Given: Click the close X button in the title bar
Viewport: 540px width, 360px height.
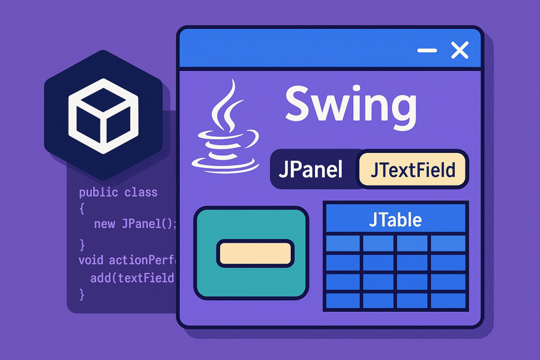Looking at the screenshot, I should click(x=459, y=50).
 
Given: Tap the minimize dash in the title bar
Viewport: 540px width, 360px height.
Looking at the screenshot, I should click(x=427, y=50).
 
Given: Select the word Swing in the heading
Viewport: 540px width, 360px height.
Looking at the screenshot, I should click(x=351, y=104).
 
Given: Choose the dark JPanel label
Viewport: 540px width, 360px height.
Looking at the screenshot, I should click(x=310, y=170).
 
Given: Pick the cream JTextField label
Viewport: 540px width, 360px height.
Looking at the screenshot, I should click(x=413, y=170).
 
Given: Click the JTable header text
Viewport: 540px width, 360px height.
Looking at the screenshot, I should click(x=395, y=220).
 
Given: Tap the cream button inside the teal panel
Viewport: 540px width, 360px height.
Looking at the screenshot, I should click(x=255, y=253).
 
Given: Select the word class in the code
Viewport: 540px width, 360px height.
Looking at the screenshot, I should click(x=141, y=193).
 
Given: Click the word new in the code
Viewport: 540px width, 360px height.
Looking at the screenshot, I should click(x=104, y=224).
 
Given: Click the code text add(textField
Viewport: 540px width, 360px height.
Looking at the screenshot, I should click(x=132, y=278).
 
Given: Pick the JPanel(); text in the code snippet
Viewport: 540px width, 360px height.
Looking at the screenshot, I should click(x=149, y=224).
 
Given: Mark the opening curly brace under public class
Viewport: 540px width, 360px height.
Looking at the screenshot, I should click(x=82, y=208).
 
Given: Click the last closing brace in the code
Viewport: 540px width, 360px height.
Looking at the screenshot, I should click(x=82, y=294).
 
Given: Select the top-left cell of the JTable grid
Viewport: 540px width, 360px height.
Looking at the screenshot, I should click(x=342, y=243).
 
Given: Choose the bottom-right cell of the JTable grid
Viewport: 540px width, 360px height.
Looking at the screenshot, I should click(x=448, y=301).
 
